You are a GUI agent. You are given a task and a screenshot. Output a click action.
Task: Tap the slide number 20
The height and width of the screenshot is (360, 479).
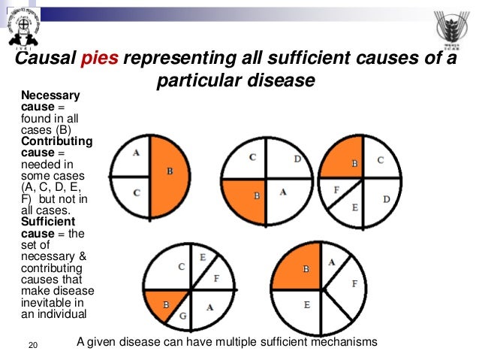click(x=32, y=345)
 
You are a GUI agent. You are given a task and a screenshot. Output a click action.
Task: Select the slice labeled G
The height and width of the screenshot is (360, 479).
click(x=184, y=315)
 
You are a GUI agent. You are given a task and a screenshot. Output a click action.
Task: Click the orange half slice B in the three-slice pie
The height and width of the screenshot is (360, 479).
click(x=170, y=172)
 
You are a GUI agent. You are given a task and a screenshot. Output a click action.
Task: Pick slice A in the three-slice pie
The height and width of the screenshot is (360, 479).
click(x=135, y=153)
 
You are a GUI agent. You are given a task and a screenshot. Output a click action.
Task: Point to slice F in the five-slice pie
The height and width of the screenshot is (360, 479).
click(x=338, y=191)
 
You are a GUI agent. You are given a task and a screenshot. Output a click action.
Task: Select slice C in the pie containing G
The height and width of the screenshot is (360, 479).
click(x=180, y=267)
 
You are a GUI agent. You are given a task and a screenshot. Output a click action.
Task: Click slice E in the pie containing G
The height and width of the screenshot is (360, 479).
click(x=203, y=257)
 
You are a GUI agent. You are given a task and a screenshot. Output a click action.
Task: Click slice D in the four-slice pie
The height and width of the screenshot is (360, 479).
click(x=297, y=159)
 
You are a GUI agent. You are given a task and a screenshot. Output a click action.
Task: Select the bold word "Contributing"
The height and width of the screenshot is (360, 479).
click(x=57, y=141)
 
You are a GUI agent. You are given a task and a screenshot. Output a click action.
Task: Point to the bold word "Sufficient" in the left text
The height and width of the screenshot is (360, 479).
click(x=52, y=222)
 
